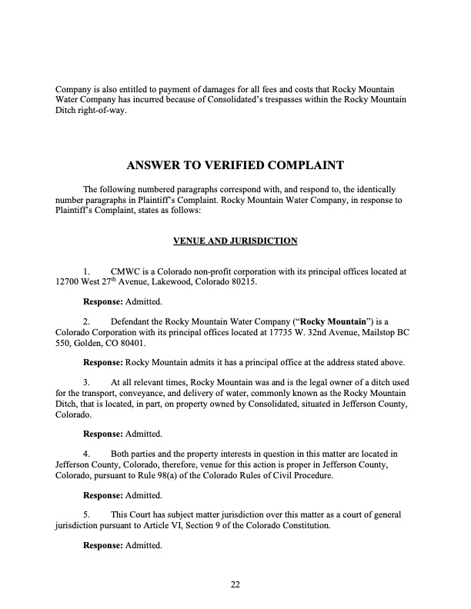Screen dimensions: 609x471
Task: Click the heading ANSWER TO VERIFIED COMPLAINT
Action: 235,165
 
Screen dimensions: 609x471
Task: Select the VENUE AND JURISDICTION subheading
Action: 235,241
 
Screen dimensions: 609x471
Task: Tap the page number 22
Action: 235,584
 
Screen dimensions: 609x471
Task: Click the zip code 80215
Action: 244,283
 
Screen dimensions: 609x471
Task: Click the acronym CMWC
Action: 126,272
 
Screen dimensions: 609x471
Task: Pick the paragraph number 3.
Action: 86,381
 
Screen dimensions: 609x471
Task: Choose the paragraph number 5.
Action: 86,514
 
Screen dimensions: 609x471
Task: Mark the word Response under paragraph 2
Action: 102,362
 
